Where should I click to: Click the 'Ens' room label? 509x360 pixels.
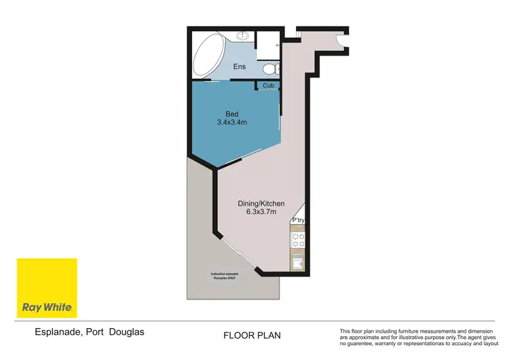click(x=239, y=67)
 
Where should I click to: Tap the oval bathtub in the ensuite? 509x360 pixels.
click(x=207, y=55)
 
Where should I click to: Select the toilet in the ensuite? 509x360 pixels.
click(x=269, y=69)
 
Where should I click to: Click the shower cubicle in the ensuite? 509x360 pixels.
click(x=269, y=43)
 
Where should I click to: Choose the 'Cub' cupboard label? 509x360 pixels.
click(x=268, y=86)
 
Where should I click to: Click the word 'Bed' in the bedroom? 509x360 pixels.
click(x=232, y=114)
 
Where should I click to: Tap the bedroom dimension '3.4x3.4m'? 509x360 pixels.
click(x=232, y=123)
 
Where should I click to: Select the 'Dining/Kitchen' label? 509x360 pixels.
click(x=261, y=204)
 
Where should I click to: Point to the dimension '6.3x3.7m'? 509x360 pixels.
click(x=261, y=213)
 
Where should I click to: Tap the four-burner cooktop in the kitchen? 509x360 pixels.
click(x=299, y=240)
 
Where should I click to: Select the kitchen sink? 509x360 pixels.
click(x=299, y=262)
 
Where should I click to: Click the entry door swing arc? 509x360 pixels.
click(x=340, y=42)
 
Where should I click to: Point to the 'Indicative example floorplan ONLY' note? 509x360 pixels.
click(x=224, y=276)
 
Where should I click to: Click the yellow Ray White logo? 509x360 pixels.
click(x=47, y=288)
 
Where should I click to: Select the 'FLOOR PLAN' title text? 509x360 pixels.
click(x=252, y=336)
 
